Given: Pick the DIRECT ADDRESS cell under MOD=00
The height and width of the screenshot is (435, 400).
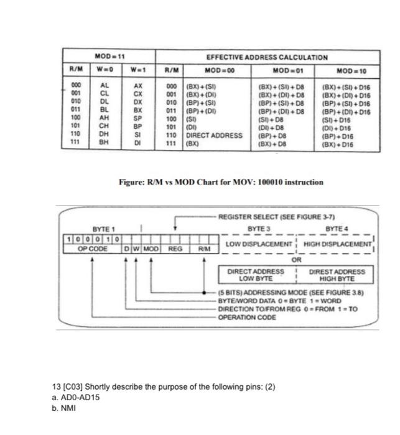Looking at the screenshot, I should pos(212,135).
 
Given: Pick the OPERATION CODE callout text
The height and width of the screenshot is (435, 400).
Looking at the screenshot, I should pos(247,316).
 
